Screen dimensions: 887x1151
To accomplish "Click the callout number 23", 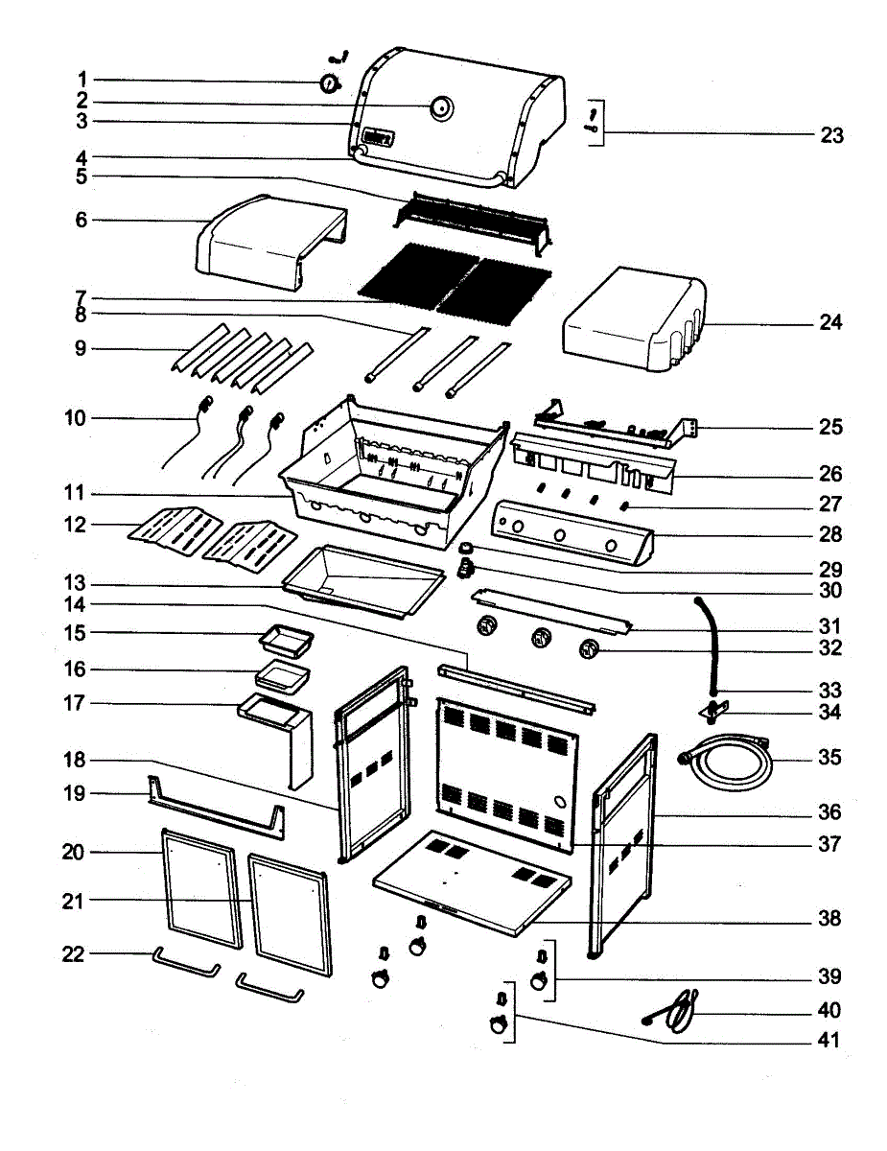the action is point(831,135).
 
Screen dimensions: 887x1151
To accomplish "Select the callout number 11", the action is point(74,493).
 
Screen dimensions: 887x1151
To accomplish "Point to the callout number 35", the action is point(829,758).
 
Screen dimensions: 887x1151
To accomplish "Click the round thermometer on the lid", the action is point(441,107).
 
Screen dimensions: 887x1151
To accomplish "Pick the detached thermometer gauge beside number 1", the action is point(329,83).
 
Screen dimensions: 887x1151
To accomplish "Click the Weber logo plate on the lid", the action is point(378,138).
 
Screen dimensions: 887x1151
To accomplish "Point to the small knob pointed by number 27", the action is point(624,506).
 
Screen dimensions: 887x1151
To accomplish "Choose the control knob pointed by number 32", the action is point(589,648).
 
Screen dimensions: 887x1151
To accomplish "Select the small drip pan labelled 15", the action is point(286,643).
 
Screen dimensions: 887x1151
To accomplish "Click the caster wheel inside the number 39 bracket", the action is point(539,981).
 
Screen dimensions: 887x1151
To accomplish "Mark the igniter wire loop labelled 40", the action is point(671,1012).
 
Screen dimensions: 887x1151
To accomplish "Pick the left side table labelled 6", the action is point(271,242).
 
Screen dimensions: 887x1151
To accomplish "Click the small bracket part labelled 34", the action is point(714,712).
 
